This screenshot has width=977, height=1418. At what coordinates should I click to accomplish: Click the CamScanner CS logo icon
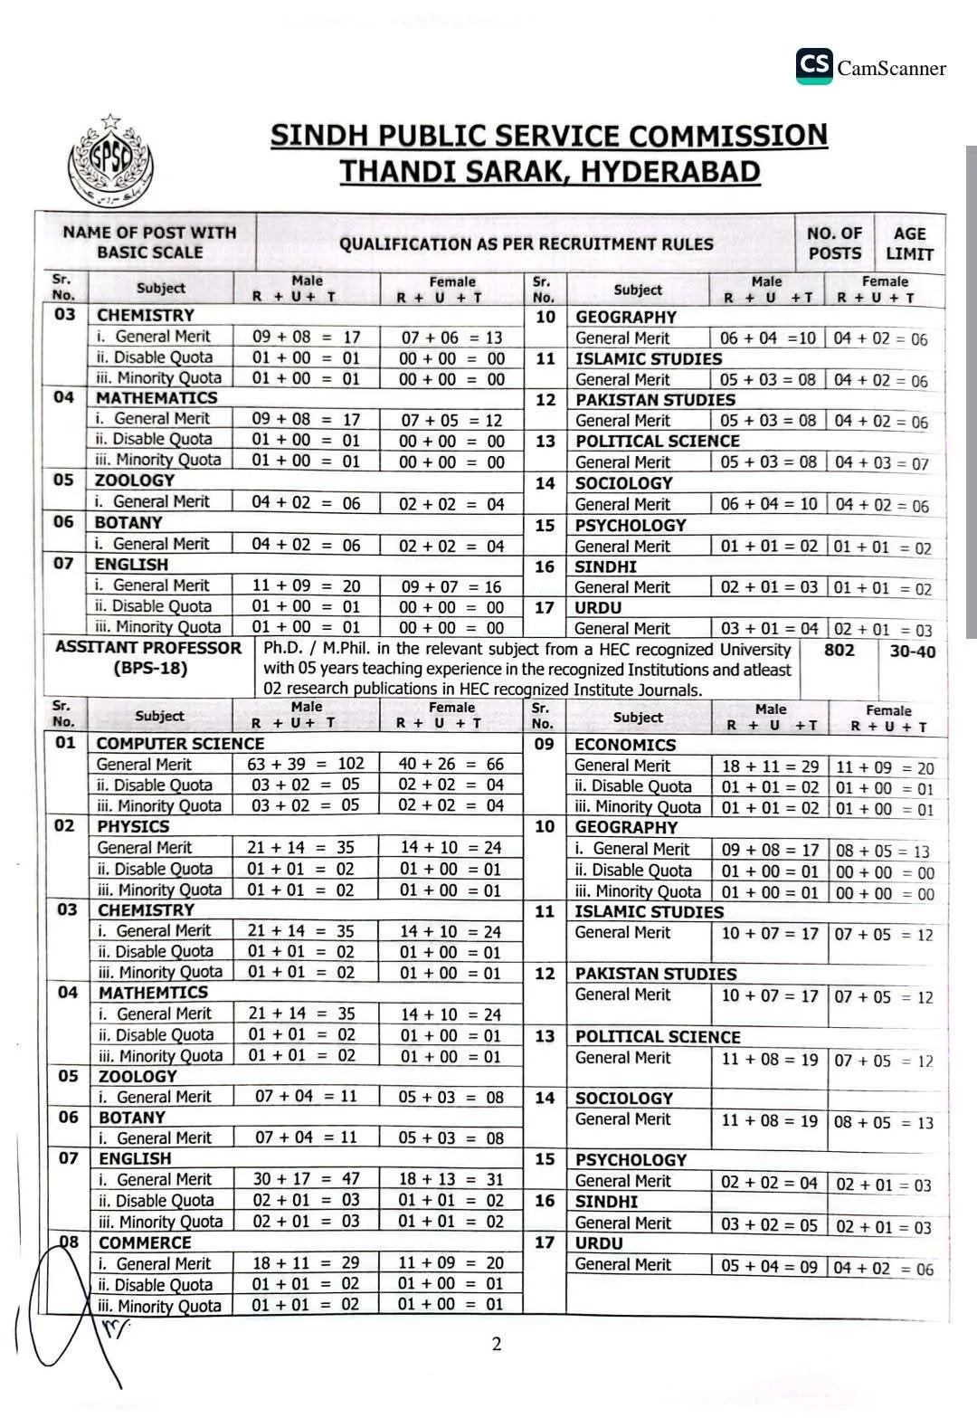click(814, 66)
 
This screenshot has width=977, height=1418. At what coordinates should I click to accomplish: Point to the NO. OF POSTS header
click(834, 243)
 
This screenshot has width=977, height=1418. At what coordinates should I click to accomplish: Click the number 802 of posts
click(839, 650)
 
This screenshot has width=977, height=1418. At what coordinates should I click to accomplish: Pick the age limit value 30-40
click(912, 652)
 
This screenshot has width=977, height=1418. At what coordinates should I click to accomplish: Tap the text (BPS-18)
click(150, 669)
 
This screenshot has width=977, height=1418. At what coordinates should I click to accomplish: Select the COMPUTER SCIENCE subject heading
click(180, 744)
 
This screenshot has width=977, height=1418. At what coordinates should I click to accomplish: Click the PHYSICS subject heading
click(133, 826)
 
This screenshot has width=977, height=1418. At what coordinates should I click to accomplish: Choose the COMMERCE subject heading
click(145, 1242)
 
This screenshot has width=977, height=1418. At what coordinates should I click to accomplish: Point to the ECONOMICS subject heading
click(625, 745)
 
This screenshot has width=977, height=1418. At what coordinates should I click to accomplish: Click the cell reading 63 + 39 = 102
click(305, 764)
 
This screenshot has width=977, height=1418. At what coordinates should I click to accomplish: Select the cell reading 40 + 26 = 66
click(451, 764)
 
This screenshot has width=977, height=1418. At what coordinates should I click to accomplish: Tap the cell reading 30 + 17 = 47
click(306, 1179)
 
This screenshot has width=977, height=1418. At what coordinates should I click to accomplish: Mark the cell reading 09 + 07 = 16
click(451, 586)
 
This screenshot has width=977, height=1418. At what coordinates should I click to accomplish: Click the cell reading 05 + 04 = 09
click(769, 1266)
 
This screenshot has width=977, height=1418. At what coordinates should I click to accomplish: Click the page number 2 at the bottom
click(496, 1344)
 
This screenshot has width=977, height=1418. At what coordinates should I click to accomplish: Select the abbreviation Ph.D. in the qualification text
click(283, 649)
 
